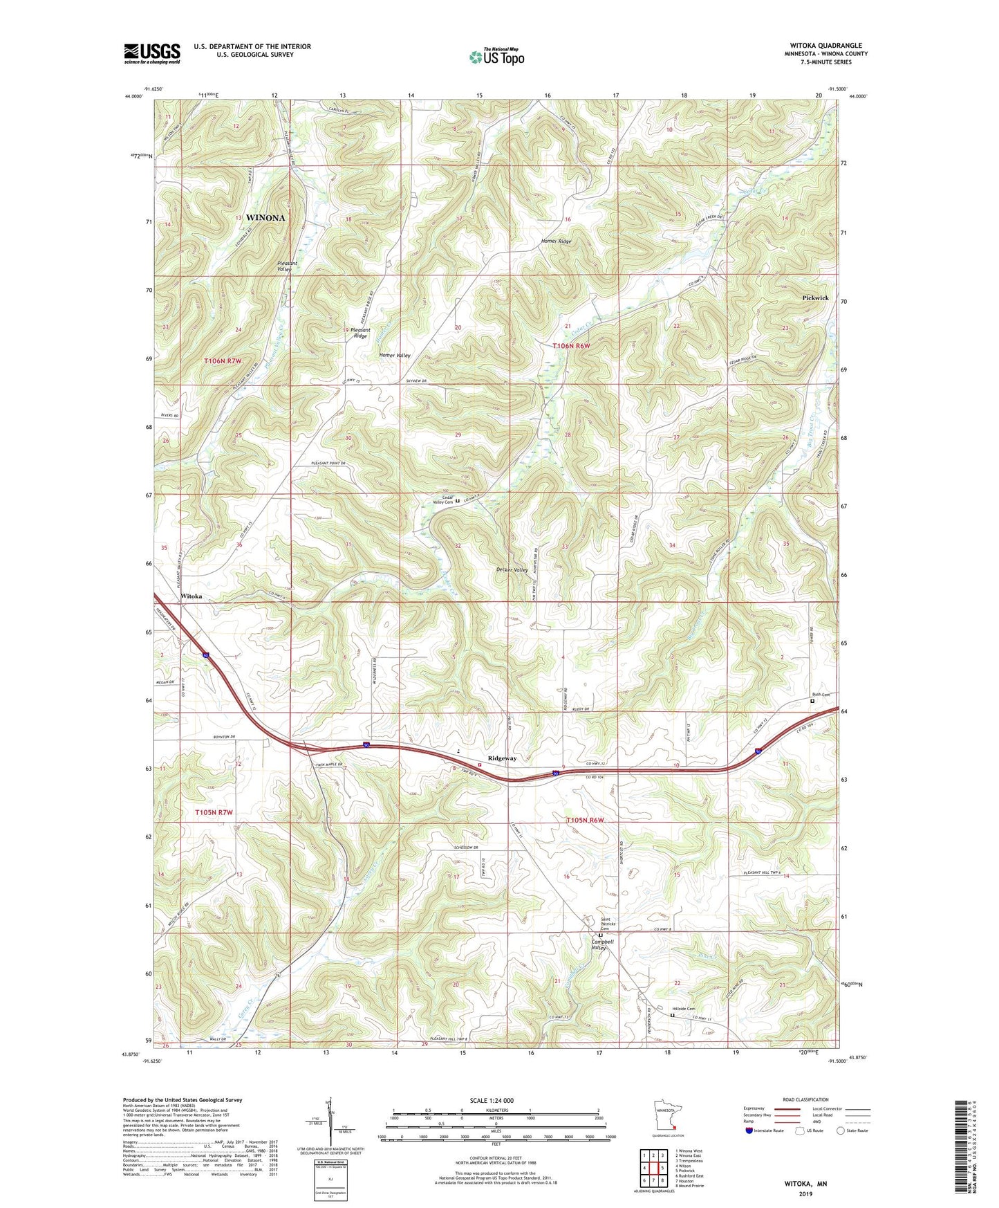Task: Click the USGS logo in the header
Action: pos(151,53)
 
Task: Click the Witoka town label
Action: pos(192,596)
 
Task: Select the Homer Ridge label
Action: pos(556,241)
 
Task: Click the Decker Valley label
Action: pos(512,570)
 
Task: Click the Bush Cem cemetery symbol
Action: pos(812,701)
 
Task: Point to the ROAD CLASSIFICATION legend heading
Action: pos(805,1099)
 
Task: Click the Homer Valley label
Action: pos(395,355)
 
